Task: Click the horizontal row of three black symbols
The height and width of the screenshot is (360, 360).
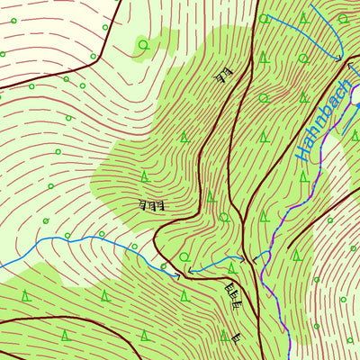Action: click(152, 205)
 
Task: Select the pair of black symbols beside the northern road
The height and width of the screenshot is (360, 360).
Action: click(223, 75)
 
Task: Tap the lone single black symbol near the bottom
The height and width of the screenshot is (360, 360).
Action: click(236, 337)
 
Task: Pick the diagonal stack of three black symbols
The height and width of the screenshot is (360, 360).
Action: click(232, 295)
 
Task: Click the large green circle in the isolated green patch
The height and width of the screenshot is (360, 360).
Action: click(143, 44)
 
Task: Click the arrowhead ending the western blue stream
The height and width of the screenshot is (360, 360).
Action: click(177, 275)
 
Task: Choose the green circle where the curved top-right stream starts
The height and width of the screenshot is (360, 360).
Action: click(264, 18)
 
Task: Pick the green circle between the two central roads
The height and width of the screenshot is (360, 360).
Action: click(224, 217)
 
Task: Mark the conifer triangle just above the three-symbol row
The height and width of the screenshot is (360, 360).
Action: click(144, 176)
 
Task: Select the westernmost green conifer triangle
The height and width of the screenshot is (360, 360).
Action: click(26, 295)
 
